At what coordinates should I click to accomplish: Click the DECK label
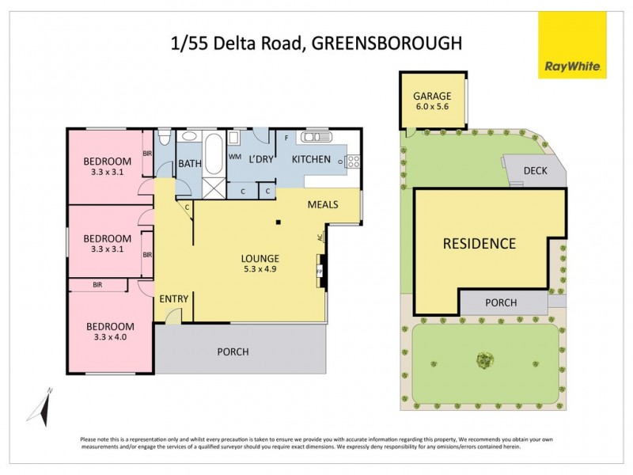click(536, 171)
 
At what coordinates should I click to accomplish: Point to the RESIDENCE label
click(479, 243)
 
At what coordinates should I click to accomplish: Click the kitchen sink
click(315, 139)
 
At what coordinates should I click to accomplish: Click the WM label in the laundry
click(234, 157)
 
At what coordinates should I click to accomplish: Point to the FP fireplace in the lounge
click(320, 270)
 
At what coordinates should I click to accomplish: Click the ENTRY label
click(173, 298)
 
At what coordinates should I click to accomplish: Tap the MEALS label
click(324, 205)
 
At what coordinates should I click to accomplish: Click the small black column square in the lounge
click(279, 222)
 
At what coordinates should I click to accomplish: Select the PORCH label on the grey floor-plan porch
click(233, 351)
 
